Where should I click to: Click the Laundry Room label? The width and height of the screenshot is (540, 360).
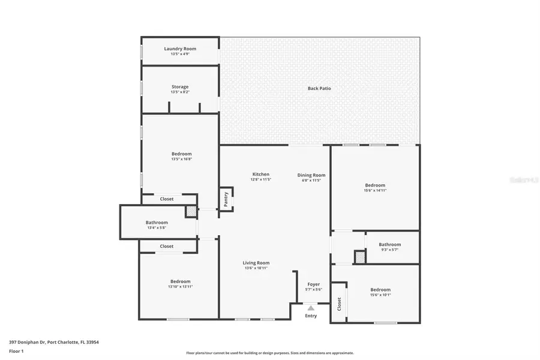[180, 49]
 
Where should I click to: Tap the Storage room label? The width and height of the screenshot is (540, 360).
[180, 87]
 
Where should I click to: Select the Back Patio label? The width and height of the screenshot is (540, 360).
[319, 88]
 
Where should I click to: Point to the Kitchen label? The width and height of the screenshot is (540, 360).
[260, 174]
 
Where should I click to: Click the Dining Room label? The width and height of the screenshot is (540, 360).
[311, 175]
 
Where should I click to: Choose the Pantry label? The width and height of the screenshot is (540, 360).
[226, 200]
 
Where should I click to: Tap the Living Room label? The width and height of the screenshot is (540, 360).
[256, 263]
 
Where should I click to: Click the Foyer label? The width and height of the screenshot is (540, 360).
[314, 284]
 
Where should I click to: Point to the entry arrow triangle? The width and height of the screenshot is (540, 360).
[311, 307]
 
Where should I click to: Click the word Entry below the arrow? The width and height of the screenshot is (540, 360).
[311, 316]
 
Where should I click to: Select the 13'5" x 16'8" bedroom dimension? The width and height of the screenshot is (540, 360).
[181, 159]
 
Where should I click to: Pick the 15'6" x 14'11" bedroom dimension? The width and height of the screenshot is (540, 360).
[375, 190]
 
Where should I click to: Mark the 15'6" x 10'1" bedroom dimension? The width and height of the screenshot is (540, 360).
[380, 295]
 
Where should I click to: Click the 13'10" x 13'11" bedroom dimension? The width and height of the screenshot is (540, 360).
[180, 287]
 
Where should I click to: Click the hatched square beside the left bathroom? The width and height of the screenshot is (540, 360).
[191, 211]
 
